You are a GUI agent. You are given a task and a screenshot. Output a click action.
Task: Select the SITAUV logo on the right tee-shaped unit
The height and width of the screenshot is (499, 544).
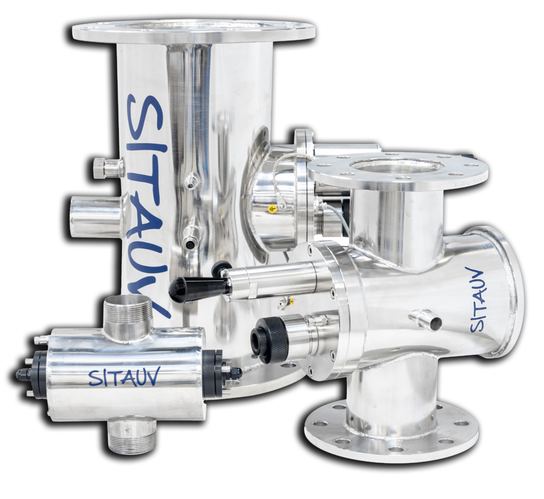tap(480, 299)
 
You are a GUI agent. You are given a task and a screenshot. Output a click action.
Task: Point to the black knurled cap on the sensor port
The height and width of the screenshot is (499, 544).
tap(270, 340)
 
